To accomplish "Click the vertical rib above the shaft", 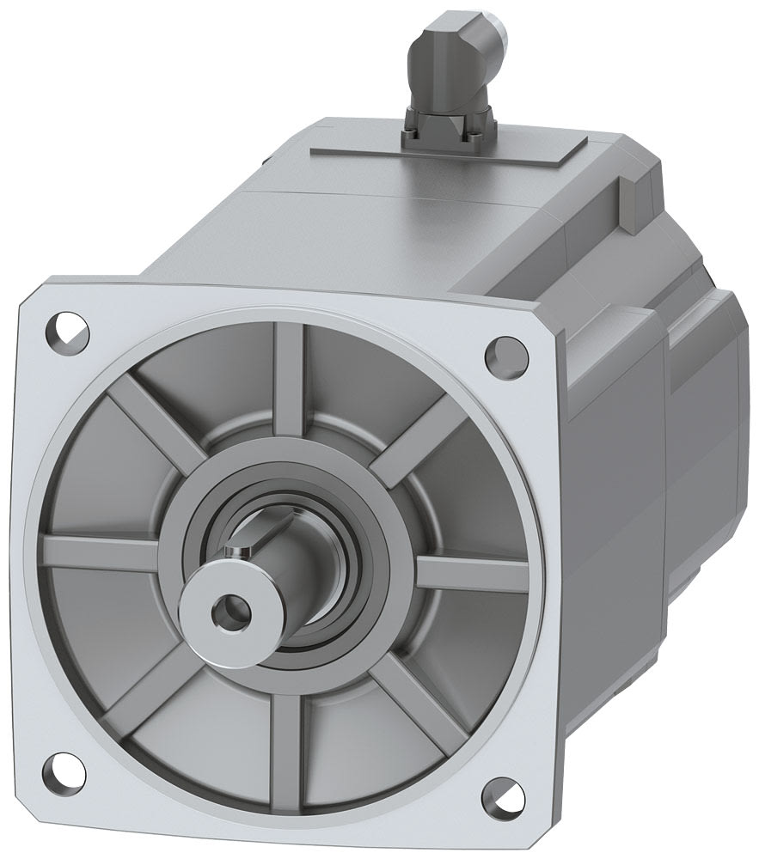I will coord(289,369).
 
